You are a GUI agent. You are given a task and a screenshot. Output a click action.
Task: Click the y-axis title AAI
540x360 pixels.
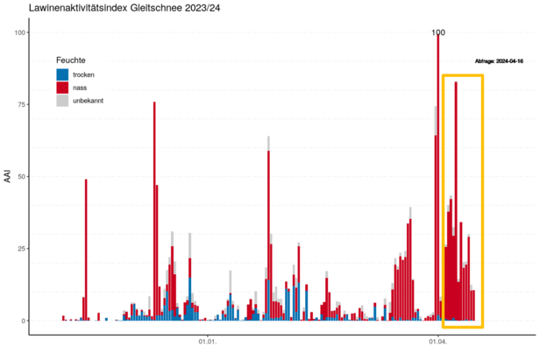point(8,177)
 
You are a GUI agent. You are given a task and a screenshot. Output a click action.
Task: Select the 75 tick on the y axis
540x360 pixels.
point(21,104)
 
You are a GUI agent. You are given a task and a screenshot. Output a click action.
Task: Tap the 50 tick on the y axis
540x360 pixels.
point(21,177)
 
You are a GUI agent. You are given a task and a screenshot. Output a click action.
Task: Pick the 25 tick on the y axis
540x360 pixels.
point(21,249)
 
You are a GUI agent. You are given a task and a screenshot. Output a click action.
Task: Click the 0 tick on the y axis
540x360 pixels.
point(24,321)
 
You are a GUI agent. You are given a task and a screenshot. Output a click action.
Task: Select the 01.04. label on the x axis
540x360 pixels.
point(438,342)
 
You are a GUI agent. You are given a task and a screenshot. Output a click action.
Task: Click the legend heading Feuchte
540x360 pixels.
point(71,60)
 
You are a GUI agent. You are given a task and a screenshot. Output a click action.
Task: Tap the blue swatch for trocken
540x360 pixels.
point(62,74)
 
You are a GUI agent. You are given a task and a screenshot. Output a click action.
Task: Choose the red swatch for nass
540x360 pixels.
point(62,88)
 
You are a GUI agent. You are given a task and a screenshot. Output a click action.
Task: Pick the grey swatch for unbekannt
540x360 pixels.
point(62,101)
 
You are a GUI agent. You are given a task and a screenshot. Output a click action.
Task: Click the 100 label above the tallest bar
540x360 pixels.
point(438,32)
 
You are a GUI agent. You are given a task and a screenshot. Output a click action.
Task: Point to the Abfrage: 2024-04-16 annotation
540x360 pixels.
point(497,62)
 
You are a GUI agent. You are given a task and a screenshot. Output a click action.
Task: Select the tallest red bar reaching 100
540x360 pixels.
point(438,175)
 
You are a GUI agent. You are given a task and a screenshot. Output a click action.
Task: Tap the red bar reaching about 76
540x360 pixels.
point(154,210)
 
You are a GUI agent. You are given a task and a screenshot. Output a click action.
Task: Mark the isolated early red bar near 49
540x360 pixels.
point(86,250)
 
